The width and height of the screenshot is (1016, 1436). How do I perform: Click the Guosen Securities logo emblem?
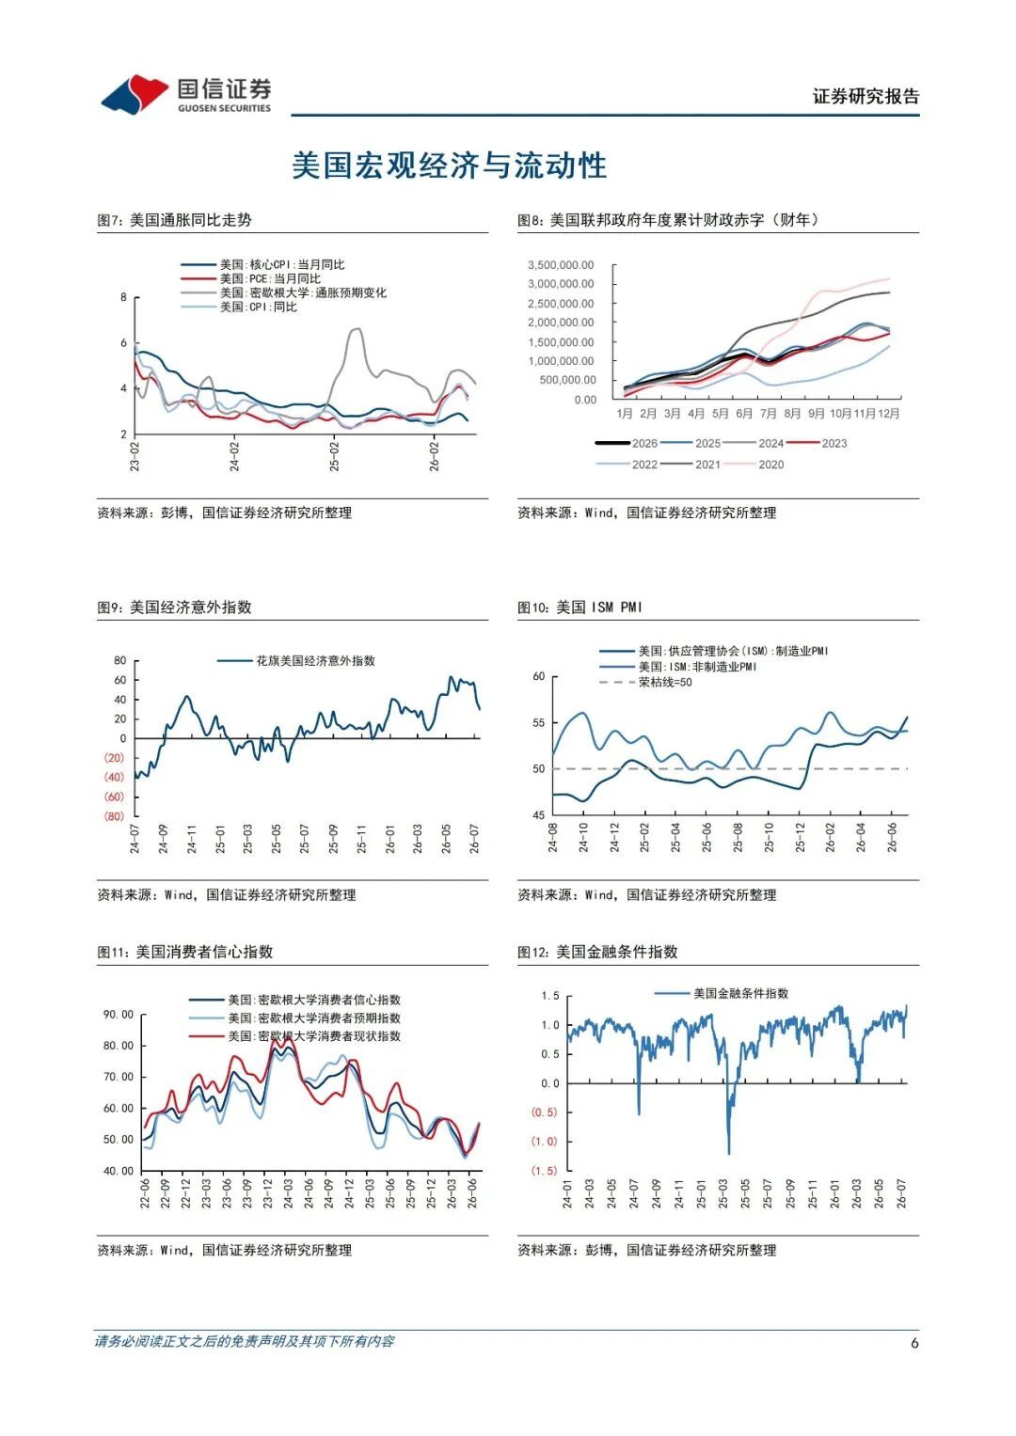tap(135, 94)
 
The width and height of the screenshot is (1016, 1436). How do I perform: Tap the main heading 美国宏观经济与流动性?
tap(449, 166)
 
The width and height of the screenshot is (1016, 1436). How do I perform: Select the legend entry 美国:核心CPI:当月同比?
tap(262, 265)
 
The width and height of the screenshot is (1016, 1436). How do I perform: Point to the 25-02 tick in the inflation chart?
tap(334, 456)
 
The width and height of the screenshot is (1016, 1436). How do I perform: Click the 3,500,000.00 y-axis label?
tap(561, 265)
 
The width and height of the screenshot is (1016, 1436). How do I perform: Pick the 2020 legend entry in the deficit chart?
tap(753, 465)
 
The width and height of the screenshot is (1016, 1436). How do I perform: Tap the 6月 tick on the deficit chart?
tap(744, 414)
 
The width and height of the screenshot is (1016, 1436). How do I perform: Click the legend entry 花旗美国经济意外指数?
tap(296, 660)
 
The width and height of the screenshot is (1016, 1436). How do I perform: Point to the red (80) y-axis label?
tap(114, 816)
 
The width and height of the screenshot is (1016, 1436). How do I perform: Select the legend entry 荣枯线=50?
tap(645, 682)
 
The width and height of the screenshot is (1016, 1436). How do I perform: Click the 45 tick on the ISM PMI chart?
tap(539, 814)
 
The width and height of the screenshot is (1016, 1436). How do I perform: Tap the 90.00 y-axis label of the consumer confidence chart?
tap(119, 1014)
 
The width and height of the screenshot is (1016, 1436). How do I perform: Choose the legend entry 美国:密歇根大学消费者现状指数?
tap(295, 1036)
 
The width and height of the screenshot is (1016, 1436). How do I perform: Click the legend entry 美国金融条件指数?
tap(722, 993)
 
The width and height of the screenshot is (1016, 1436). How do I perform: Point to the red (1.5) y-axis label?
tap(545, 1170)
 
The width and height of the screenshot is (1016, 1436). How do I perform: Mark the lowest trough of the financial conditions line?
tap(729, 1153)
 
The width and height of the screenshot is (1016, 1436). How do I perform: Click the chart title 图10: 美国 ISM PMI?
tap(579, 607)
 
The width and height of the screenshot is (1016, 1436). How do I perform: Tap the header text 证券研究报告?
tap(865, 96)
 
